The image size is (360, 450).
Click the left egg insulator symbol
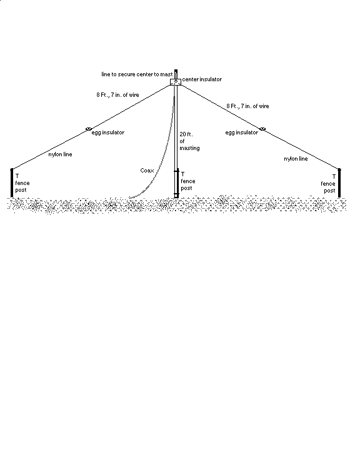tap(89, 129)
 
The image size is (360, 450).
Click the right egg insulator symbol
tap(262, 129)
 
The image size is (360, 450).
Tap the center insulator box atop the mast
tap(176, 82)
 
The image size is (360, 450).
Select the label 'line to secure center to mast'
tap(137, 74)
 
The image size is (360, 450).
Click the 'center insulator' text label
tap(202, 79)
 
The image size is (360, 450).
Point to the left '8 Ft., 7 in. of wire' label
tap(117, 95)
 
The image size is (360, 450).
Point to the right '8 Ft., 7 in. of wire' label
tap(247, 106)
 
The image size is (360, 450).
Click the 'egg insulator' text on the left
tap(108, 132)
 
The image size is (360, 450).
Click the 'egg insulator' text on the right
tap(241, 132)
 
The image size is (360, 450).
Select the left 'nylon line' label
tap(60, 154)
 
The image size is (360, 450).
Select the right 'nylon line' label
tap(296, 159)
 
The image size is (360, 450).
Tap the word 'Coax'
tap(147, 171)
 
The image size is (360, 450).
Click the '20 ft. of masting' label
tap(189, 141)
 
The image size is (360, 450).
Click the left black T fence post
tap(12, 182)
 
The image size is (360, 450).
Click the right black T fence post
tap(339, 182)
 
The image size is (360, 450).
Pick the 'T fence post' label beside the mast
tap(187, 181)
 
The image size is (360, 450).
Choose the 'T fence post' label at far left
tap(22, 182)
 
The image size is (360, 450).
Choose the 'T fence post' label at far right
tap(328, 184)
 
